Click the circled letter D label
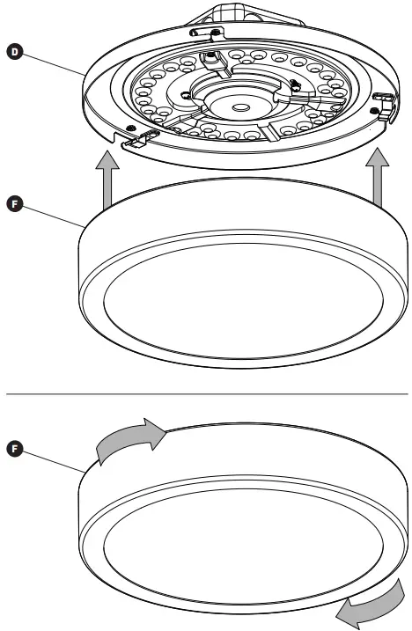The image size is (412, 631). pos(13,53)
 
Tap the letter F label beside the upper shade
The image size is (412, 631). pos(13,204)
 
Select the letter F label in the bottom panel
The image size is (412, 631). pos(13,449)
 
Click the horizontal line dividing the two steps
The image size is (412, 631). pos(206,393)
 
